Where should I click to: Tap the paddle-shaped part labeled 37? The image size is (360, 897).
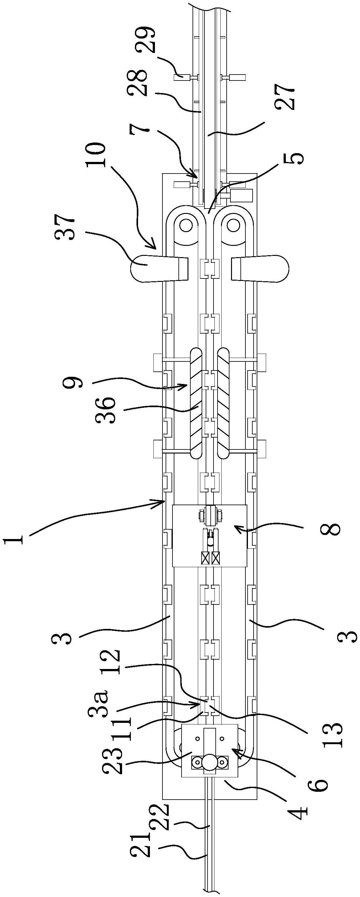click(x=159, y=268)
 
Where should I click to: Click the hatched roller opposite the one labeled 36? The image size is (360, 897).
click(x=224, y=403)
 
